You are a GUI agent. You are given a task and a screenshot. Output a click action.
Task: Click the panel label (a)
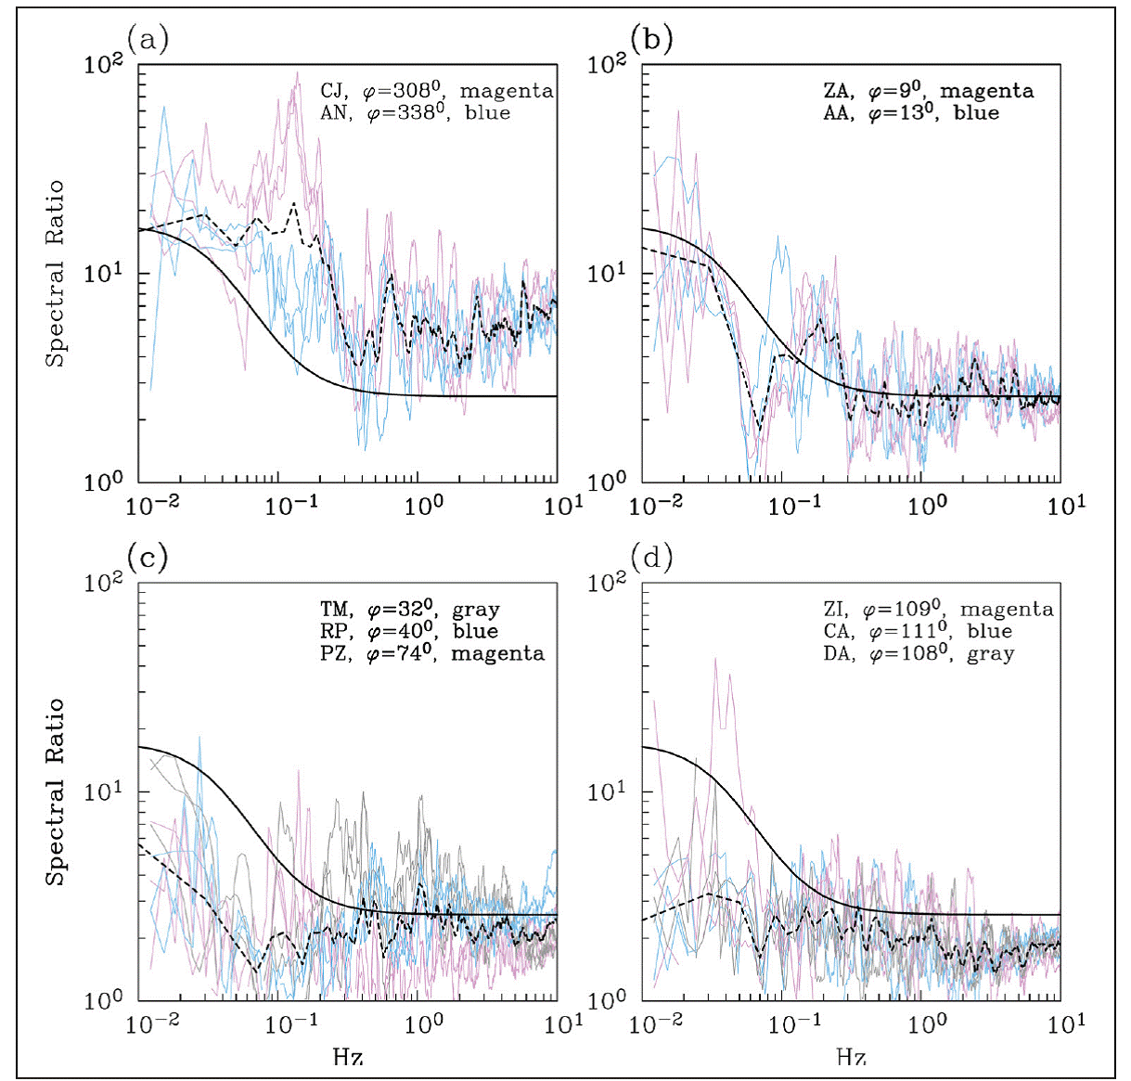point(148,39)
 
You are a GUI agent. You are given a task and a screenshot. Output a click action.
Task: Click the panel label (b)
point(651,39)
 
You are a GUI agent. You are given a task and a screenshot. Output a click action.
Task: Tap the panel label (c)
point(148,558)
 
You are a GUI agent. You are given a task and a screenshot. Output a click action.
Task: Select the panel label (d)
point(651,558)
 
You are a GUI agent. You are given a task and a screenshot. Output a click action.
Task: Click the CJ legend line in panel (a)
point(437,91)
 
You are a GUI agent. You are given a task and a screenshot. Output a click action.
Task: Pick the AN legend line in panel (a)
point(416,113)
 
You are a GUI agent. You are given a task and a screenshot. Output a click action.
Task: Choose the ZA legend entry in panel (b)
point(928,91)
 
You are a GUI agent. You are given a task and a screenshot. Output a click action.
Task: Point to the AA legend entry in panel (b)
point(911,113)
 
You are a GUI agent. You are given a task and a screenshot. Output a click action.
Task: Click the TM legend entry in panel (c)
point(410,610)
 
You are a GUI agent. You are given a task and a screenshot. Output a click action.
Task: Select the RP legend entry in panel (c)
point(409,631)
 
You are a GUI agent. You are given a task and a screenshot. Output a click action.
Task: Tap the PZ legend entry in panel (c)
point(432,653)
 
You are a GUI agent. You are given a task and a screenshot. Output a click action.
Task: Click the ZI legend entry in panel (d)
point(938,610)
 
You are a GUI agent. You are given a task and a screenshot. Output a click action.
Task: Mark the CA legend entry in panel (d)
point(918,631)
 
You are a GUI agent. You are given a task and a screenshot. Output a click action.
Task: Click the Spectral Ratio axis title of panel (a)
point(57,274)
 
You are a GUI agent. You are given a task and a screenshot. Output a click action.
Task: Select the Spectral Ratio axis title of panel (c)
point(57,791)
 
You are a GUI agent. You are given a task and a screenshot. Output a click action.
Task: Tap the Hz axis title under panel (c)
point(348,1056)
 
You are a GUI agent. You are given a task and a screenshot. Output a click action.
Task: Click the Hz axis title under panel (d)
point(851,1056)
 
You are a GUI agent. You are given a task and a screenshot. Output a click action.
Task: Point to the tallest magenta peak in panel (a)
point(297,73)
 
